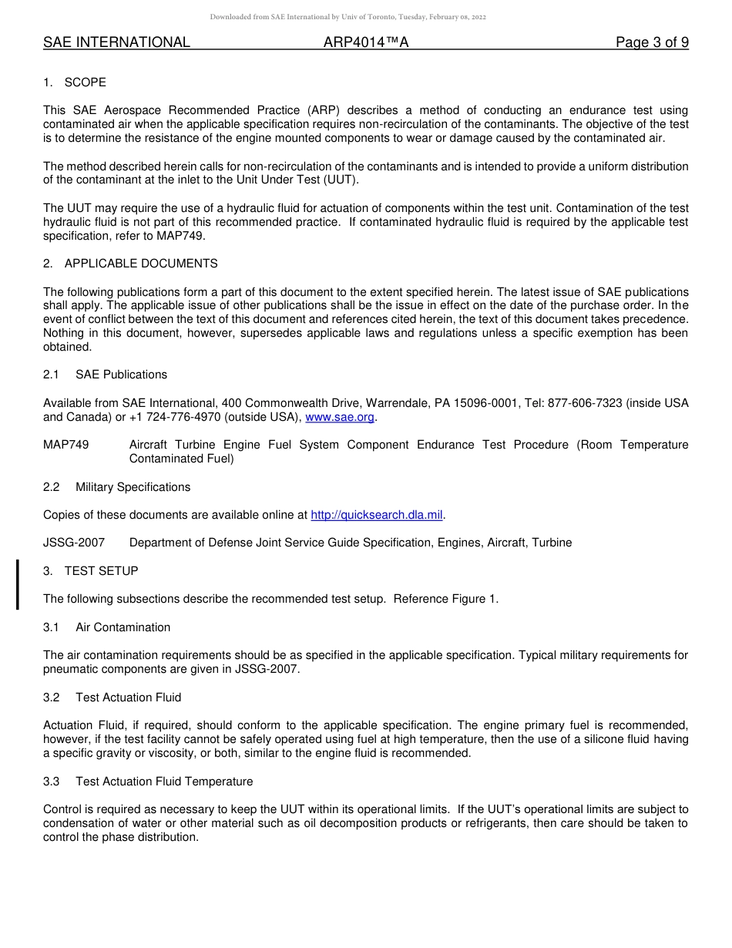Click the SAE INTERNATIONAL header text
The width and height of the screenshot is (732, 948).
[116, 43]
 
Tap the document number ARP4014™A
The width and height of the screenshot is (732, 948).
[366, 43]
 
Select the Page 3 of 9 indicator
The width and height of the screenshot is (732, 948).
[652, 43]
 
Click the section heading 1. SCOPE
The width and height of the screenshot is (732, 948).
[75, 82]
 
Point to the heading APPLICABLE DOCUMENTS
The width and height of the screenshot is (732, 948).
[141, 264]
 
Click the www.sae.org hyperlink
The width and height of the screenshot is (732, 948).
[340, 417]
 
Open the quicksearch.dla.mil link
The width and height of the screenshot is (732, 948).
[377, 515]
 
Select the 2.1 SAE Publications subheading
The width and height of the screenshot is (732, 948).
[105, 375]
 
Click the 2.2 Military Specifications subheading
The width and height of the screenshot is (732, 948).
[116, 487]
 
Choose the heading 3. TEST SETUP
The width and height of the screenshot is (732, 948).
[91, 571]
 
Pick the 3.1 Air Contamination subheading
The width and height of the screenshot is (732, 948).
[107, 627]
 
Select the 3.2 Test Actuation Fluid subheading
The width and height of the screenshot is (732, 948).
[112, 698]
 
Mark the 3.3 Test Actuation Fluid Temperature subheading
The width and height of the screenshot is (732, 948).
[148, 782]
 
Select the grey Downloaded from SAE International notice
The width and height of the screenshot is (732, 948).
[348, 17]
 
